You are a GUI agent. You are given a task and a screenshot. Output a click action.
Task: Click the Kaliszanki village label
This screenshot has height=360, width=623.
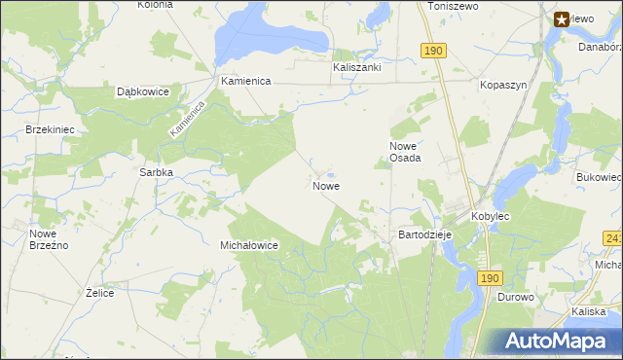(357, 67)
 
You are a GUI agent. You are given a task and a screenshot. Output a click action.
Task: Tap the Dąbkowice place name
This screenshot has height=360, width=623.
(143, 91)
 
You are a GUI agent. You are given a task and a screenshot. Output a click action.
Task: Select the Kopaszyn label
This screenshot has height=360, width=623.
(503, 85)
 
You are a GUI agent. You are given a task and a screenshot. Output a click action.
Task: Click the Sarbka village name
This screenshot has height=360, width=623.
(156, 172)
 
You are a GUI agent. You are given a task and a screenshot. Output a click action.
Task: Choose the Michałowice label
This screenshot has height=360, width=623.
(250, 246)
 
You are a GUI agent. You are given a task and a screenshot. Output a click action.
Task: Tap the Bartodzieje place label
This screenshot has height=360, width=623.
(421, 235)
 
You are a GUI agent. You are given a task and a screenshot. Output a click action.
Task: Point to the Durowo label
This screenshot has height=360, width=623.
(516, 297)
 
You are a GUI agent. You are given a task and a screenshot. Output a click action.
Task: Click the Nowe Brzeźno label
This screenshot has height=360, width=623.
(48, 239)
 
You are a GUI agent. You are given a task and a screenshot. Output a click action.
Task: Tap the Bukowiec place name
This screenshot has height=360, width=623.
(599, 178)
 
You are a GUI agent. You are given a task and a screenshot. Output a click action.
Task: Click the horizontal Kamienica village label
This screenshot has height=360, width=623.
(245, 82)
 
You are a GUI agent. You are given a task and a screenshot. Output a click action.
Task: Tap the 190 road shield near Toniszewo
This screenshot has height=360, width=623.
(435, 50)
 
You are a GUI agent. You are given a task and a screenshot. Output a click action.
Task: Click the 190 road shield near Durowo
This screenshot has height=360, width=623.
(491, 278)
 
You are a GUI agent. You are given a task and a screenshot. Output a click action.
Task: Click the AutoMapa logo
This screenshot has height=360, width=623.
(556, 341)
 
